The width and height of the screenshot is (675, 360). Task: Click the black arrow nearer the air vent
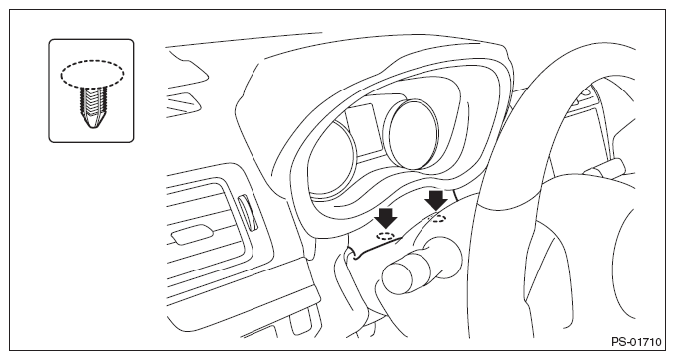coord(386,218)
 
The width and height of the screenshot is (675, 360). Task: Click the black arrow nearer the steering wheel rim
coord(436,201)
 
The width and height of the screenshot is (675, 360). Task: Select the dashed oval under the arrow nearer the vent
coord(385,235)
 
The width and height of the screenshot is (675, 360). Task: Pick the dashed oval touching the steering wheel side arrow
coord(438,219)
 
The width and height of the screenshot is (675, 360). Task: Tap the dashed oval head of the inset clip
coord(92,74)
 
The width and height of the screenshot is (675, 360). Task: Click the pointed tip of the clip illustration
coord(92,126)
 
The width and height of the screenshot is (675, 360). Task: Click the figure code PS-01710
coord(636,342)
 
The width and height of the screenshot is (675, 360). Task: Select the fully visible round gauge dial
coord(414,134)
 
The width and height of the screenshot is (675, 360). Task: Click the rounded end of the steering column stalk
coord(399,277)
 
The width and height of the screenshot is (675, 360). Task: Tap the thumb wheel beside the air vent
coord(247,212)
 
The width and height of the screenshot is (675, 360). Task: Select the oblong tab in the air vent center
coord(192,235)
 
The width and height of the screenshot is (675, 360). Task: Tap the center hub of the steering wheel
coord(582,254)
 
